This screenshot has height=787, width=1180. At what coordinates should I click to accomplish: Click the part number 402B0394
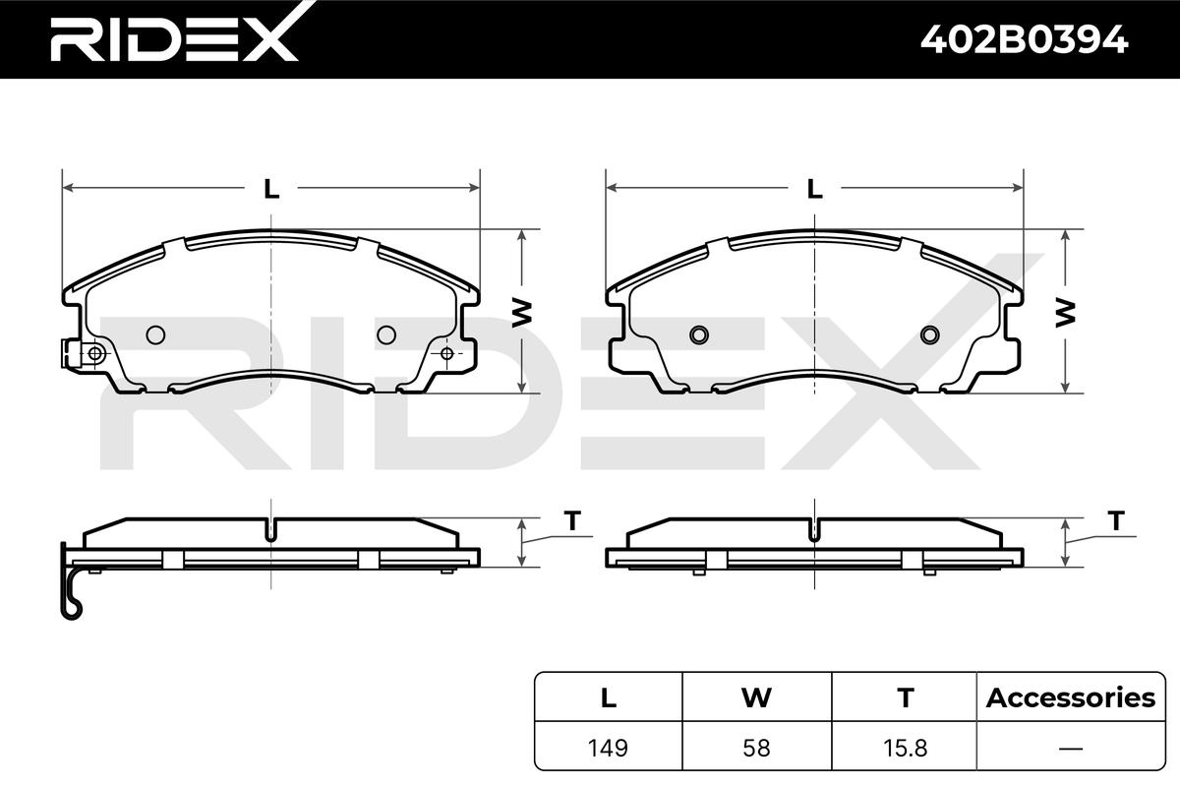click(x=1024, y=40)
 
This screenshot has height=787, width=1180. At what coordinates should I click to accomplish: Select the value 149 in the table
click(x=608, y=748)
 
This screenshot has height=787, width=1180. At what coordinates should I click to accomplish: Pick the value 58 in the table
click(x=756, y=748)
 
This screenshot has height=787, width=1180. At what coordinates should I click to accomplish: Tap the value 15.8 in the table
click(x=905, y=748)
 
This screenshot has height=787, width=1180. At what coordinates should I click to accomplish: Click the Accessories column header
click(x=1071, y=697)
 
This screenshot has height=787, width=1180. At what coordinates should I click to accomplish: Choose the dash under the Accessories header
click(x=1071, y=749)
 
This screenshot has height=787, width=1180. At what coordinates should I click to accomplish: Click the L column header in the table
click(x=609, y=697)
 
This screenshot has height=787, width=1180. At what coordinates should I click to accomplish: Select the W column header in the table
click(x=756, y=697)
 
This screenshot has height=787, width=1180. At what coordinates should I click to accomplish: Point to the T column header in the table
click(x=906, y=697)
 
